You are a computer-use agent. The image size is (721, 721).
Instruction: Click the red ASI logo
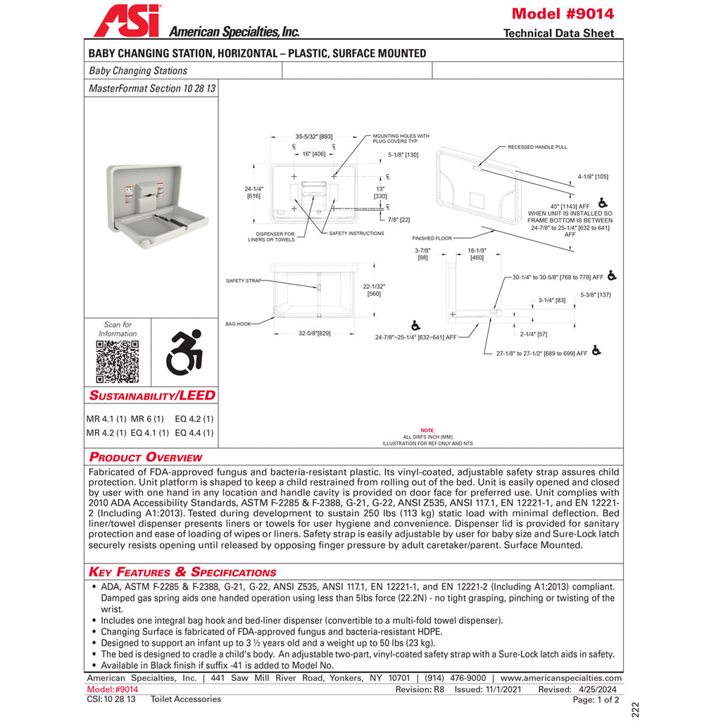coord(127,21)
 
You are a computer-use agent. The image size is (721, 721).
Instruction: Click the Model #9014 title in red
coord(563,13)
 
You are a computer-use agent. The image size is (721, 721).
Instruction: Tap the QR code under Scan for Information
coord(117,360)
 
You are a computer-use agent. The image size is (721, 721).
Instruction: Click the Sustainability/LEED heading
coord(151,395)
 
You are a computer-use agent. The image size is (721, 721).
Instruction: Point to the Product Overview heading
coord(146,457)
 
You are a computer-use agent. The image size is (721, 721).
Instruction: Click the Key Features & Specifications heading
coord(182,572)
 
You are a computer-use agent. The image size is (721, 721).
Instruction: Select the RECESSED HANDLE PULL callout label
coord(537,147)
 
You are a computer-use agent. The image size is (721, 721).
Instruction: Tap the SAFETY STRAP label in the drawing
coord(244,280)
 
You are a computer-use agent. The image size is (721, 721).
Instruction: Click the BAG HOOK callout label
coord(238,324)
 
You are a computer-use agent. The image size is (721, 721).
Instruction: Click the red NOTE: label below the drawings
coord(427,430)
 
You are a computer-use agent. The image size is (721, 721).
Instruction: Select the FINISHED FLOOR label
coord(432,239)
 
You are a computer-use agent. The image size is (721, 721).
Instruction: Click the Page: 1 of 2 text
coord(596,700)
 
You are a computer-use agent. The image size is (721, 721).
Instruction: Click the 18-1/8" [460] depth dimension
coord(477,253)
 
